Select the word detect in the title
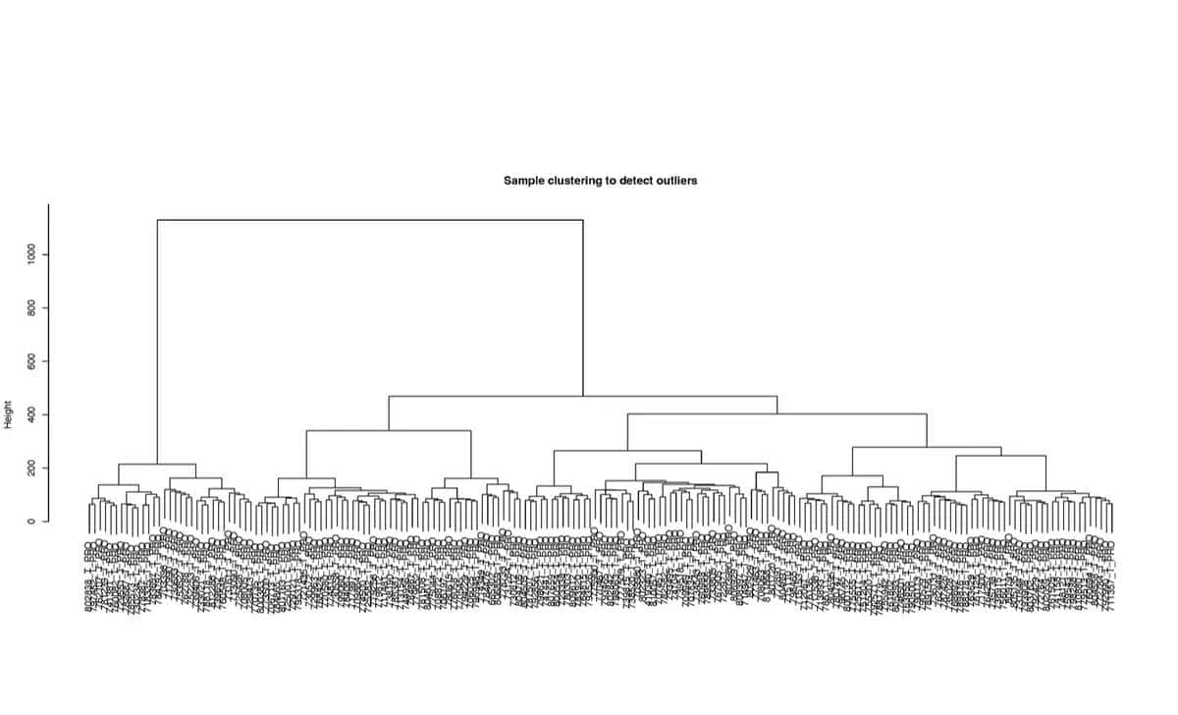click(x=638, y=181)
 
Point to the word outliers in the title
click(x=678, y=181)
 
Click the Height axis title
click(x=8, y=413)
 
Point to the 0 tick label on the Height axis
click(x=31, y=521)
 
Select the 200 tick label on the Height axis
click(x=31, y=467)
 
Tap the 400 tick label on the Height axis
click(x=31, y=414)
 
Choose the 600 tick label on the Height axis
click(x=31, y=361)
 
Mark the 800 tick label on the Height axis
click(x=31, y=308)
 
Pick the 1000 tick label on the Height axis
click(x=31, y=255)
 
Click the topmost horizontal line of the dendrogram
click(x=370, y=220)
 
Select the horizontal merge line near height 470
click(x=582, y=397)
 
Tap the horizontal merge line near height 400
click(x=776, y=414)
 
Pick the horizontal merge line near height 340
click(x=389, y=431)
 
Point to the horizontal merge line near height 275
click(x=927, y=448)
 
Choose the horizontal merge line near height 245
click(x=991, y=457)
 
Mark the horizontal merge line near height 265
click(x=627, y=451)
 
